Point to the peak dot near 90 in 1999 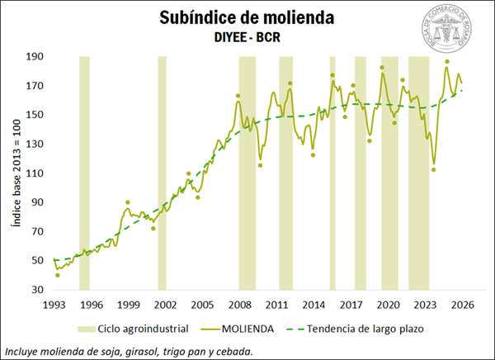(x=128, y=202)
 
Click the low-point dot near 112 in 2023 (x=433, y=170)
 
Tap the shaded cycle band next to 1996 (x=84, y=173)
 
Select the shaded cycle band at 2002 (x=162, y=173)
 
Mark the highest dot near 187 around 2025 (x=447, y=62)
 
